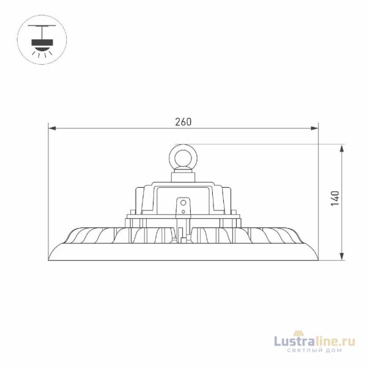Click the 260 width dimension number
click(x=183, y=122)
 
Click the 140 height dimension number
click(x=334, y=198)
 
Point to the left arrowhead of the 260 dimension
click(x=53, y=128)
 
